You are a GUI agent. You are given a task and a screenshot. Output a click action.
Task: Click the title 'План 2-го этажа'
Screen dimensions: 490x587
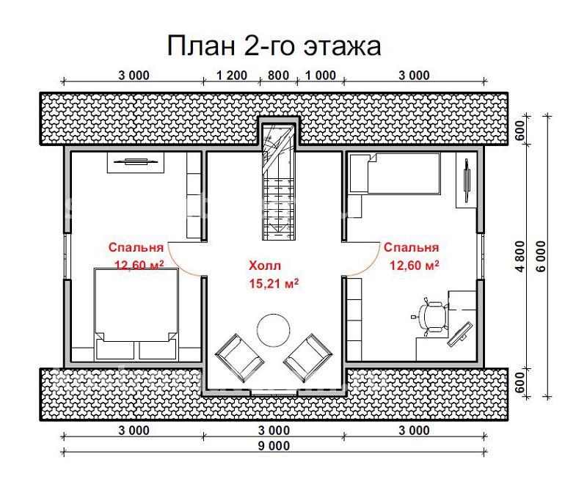point(274,45)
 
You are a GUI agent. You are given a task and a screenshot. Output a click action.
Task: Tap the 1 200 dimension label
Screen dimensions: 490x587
point(231,75)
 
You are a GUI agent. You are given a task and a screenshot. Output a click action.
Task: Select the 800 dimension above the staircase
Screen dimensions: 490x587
point(278,75)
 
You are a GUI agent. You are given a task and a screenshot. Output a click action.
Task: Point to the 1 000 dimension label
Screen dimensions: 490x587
point(319,75)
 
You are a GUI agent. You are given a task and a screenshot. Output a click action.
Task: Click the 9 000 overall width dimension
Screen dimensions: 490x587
point(274,445)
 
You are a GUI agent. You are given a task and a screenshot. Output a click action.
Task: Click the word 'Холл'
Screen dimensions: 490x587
point(265,266)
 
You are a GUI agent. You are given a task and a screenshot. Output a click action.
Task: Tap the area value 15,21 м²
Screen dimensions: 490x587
point(274,282)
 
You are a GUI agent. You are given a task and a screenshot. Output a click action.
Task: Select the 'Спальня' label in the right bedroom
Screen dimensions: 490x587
point(411,248)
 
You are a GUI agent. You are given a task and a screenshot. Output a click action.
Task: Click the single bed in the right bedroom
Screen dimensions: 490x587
point(393,173)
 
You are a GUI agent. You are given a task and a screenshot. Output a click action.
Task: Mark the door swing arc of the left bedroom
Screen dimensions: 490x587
point(185,260)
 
